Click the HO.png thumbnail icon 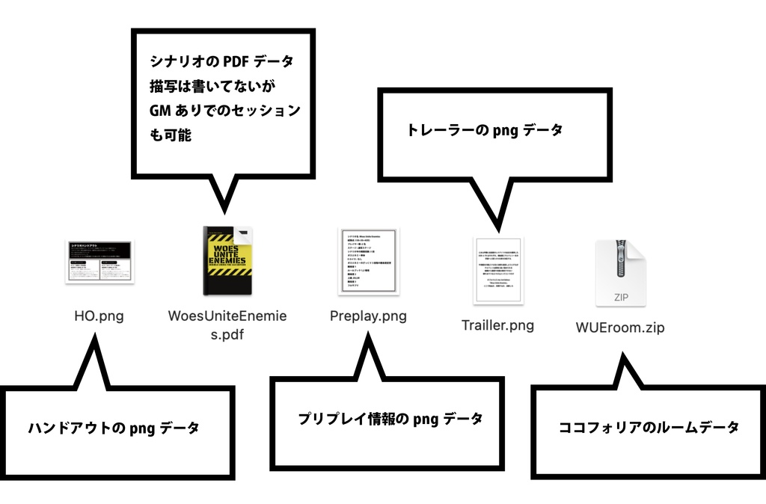point(99,262)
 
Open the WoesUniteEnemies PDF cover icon point(228,261)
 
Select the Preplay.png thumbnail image point(368,262)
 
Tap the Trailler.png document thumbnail point(498,271)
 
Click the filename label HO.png point(99,316)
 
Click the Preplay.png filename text point(368,316)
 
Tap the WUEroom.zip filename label point(620,328)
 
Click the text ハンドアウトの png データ point(114,428)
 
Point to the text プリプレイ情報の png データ point(390,419)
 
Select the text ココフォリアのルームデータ point(649,428)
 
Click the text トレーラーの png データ point(484,130)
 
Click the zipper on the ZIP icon point(620,259)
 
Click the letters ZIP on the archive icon point(620,297)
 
